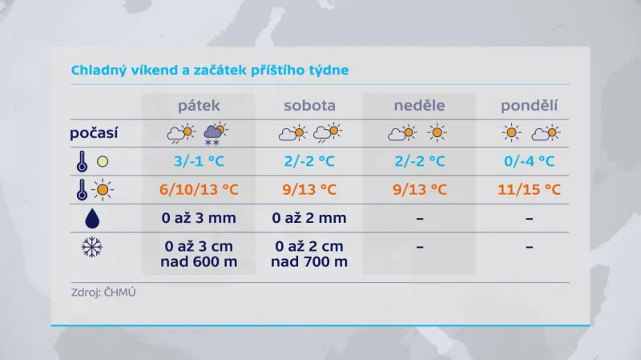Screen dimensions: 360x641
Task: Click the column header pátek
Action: click(199, 107)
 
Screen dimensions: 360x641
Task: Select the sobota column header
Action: click(309, 107)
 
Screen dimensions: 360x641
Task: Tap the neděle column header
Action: click(419, 107)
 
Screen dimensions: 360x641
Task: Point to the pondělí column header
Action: click(530, 107)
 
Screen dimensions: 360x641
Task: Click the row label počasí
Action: click(95, 132)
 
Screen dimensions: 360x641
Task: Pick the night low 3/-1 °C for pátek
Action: click(199, 161)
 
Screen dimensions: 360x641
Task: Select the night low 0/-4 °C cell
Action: click(530, 161)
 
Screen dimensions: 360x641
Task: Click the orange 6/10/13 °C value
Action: click(199, 191)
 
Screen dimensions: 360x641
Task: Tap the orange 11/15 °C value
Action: click(530, 191)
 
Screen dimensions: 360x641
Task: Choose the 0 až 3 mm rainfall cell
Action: click(199, 218)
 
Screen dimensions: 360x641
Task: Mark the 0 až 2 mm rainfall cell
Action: click(309, 218)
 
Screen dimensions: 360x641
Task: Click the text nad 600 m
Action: click(199, 262)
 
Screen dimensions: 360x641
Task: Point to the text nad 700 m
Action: click(309, 262)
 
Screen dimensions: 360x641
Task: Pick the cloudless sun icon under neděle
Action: click(437, 132)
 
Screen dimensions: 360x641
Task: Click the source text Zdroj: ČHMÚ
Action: click(103, 293)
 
